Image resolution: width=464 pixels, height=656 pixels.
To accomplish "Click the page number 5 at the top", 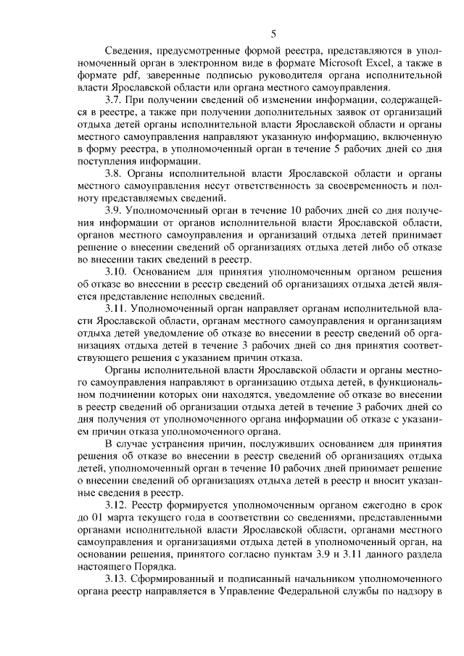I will [x=273, y=33].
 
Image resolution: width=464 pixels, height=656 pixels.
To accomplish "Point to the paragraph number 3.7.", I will [x=115, y=100].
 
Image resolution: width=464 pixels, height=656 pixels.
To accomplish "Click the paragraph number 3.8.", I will [x=115, y=175].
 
